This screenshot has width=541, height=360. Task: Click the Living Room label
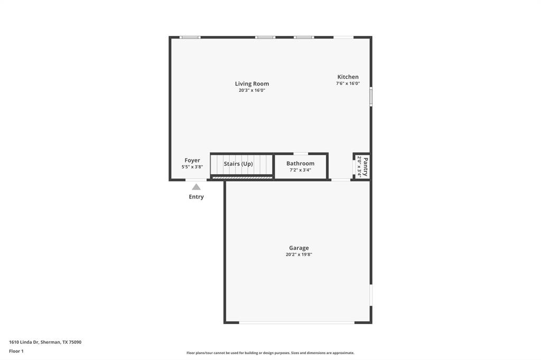click(x=251, y=83)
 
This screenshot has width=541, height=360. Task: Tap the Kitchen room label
click(x=348, y=77)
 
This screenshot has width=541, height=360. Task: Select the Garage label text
click(x=299, y=248)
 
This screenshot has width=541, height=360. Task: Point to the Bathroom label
click(x=300, y=163)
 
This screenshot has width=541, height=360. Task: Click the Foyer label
click(x=192, y=160)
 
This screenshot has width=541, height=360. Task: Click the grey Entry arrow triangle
click(x=196, y=187)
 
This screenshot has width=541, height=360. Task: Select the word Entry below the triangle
click(x=196, y=197)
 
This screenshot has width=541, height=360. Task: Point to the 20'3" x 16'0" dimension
click(x=251, y=90)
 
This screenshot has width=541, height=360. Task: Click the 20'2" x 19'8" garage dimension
click(x=299, y=254)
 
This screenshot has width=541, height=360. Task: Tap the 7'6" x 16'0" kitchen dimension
click(x=348, y=83)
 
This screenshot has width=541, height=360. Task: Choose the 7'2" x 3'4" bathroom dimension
click(x=300, y=170)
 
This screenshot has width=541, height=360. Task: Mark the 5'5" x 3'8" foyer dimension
click(x=192, y=167)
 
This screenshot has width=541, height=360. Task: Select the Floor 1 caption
click(x=16, y=350)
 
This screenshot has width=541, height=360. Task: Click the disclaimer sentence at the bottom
click(x=270, y=353)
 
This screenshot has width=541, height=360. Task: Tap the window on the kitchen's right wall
click(x=371, y=97)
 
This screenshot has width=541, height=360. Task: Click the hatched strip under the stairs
click(x=242, y=178)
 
